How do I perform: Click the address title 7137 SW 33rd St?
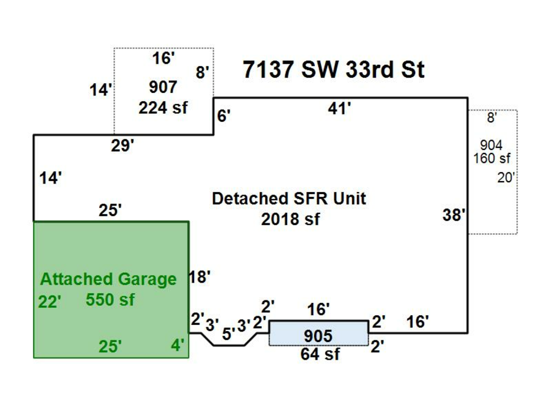point(333,70)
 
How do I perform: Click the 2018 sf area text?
point(290,219)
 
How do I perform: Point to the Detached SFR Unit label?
point(289,199)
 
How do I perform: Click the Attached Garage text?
point(108,280)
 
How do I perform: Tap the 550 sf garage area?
point(110,300)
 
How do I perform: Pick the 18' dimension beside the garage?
point(200,277)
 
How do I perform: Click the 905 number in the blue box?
point(318,336)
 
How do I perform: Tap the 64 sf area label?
point(320,354)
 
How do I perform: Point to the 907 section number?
point(163,86)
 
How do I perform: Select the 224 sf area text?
point(163,107)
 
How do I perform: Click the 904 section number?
point(491,145)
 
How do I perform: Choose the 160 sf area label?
point(492,158)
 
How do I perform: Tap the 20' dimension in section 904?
point(507,178)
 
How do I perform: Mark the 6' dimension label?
point(223,116)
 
